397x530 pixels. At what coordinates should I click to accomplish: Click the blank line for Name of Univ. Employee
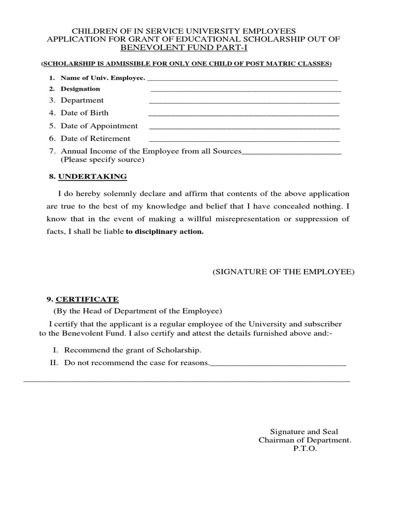tap(242, 80)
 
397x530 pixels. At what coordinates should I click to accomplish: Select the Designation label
tap(80, 89)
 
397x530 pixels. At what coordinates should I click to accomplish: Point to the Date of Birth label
tap(85, 113)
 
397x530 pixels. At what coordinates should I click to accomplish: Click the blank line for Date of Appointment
tap(244, 128)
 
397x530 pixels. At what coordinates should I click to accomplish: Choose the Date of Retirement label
tap(96, 139)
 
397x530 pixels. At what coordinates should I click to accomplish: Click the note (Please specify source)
tap(102, 160)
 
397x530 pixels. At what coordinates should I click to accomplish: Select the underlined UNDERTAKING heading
tap(93, 176)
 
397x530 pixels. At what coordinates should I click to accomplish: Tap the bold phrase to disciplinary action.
tap(165, 232)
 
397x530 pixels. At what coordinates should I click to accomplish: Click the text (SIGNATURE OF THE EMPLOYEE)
tap(283, 272)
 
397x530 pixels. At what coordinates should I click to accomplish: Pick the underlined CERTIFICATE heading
tap(87, 299)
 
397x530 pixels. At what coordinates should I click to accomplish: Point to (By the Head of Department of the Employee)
tap(138, 311)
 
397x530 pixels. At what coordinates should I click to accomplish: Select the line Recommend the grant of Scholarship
tap(133, 350)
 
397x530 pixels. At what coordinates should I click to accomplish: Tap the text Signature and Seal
tap(304, 431)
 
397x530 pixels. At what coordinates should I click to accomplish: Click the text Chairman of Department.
tap(305, 440)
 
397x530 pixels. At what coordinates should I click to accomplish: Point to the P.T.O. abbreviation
tap(305, 449)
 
